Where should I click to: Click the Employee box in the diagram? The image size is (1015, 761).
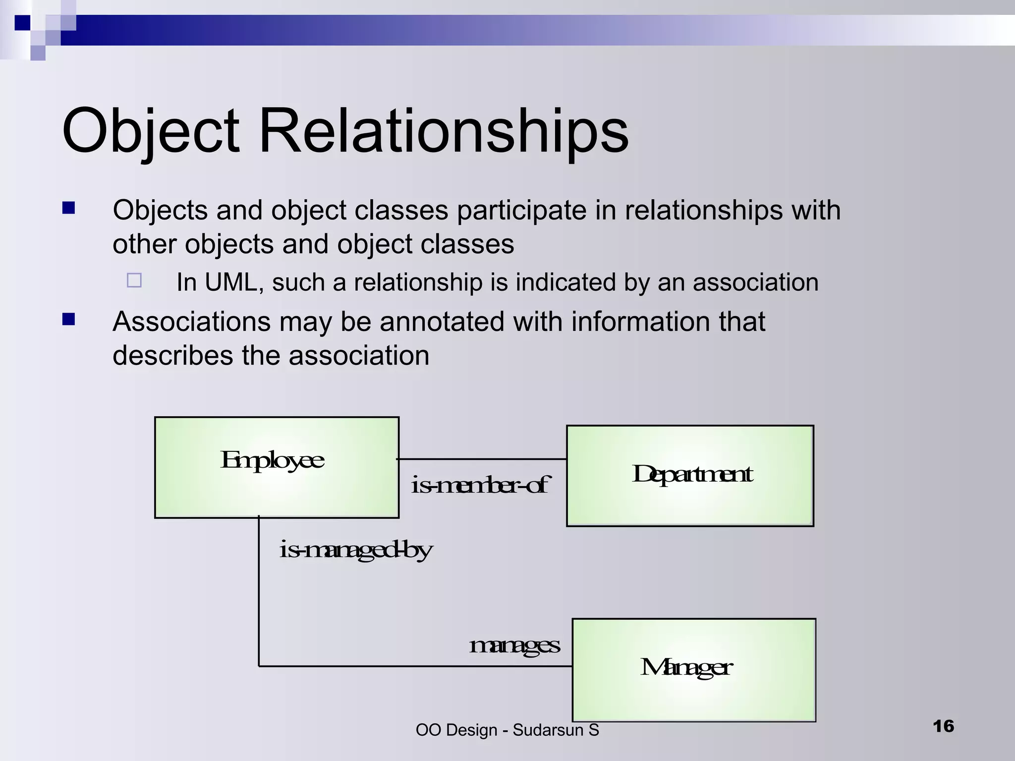(277, 467)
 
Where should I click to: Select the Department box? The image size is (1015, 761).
(690, 476)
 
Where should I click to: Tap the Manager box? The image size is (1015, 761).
(694, 670)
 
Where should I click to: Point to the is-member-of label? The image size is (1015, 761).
(480, 485)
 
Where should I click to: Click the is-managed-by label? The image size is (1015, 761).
(355, 550)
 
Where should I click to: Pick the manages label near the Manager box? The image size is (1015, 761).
(514, 646)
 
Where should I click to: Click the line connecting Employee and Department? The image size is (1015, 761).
(482, 459)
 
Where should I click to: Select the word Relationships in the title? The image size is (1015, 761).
(443, 132)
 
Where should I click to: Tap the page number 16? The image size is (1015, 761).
(943, 726)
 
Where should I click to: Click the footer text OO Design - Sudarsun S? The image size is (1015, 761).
(507, 730)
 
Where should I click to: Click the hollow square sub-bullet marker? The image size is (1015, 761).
(134, 280)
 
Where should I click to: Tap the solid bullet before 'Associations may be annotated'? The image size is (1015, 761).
(68, 319)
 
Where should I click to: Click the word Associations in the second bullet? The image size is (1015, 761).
(191, 322)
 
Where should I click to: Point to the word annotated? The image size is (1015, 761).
(442, 322)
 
